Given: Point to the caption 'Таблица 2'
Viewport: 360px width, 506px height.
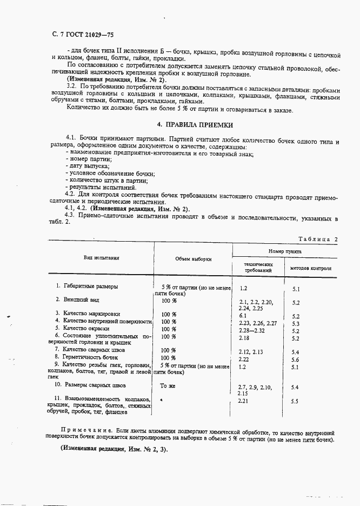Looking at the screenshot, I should tap(317, 239).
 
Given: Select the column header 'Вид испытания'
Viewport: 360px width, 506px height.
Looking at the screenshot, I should tap(101, 258).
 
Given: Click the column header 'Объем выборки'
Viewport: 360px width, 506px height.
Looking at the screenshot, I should tap(193, 259).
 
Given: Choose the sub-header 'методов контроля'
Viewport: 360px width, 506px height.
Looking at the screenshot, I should tap(311, 268).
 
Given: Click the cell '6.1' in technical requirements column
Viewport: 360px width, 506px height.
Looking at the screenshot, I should tap(243, 315).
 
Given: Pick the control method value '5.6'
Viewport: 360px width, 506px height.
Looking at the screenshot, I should tap(295, 359).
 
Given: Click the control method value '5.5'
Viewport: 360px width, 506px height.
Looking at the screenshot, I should tap(295, 402).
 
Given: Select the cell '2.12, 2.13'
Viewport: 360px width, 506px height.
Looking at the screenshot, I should tap(250, 351).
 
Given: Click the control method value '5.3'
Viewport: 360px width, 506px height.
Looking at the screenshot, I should tap(295, 324).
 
